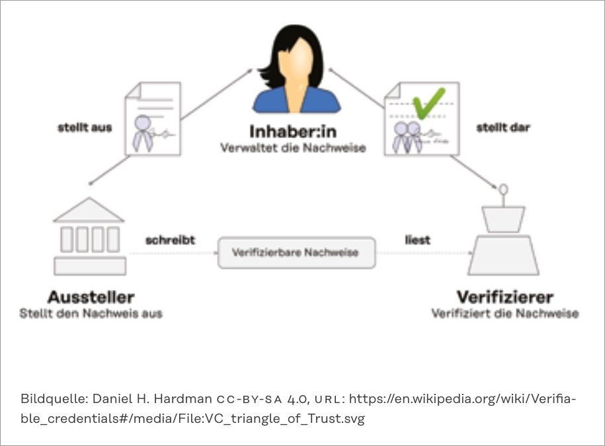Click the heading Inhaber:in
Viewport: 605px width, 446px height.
coord(293,130)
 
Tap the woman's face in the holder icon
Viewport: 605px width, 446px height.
coord(296,63)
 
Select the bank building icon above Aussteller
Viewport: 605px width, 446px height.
coord(89,237)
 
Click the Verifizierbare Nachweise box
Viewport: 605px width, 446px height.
coord(297,252)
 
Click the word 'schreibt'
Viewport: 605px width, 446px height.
coord(170,240)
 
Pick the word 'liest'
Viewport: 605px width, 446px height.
coord(417,240)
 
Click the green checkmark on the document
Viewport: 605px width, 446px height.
coord(428,102)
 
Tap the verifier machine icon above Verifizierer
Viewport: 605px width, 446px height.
coord(503,241)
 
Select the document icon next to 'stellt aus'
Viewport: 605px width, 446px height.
coord(153,119)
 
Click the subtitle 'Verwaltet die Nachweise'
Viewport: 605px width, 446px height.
coord(293,147)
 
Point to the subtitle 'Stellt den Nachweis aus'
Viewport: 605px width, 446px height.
coord(91,313)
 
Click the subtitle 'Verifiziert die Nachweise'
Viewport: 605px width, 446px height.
coord(504,313)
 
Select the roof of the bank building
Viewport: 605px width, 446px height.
coord(89,210)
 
